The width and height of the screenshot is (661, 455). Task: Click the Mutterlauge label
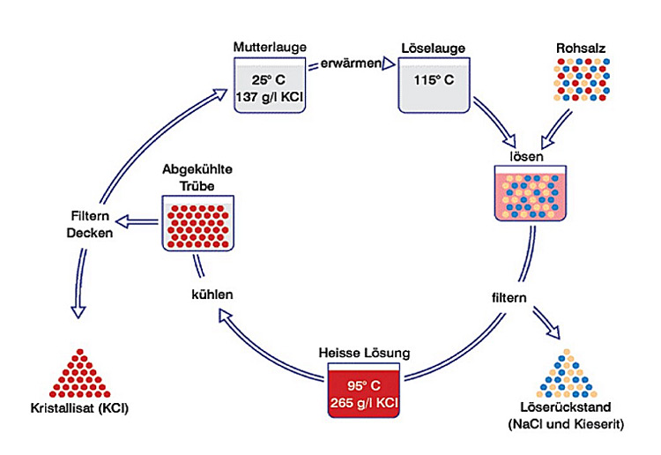pyautogui.click(x=270, y=47)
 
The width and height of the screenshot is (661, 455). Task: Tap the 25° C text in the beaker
pyautogui.click(x=269, y=79)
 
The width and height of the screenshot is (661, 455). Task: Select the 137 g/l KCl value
pyautogui.click(x=270, y=97)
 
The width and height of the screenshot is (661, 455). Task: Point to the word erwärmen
pyautogui.click(x=351, y=63)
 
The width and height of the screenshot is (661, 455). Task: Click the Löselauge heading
pyautogui.click(x=433, y=48)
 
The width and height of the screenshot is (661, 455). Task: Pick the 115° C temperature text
pyautogui.click(x=434, y=79)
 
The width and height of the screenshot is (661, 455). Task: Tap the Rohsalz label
pyautogui.click(x=581, y=48)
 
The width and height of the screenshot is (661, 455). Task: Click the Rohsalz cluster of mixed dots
pyautogui.click(x=582, y=79)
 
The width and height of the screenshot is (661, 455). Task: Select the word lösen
pyautogui.click(x=526, y=156)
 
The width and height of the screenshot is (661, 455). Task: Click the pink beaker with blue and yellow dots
pyautogui.click(x=531, y=193)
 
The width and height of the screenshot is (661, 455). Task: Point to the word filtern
pyautogui.click(x=509, y=298)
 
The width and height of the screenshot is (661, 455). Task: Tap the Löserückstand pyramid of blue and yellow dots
pyautogui.click(x=568, y=374)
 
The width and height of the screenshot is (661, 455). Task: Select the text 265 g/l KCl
pyautogui.click(x=364, y=403)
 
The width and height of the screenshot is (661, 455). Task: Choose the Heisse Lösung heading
pyautogui.click(x=364, y=353)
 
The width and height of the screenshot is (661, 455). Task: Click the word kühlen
pyautogui.click(x=212, y=294)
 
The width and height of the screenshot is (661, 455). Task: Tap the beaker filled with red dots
pyautogui.click(x=197, y=223)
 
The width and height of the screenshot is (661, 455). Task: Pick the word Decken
pyautogui.click(x=90, y=233)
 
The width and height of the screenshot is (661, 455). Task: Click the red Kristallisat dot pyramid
pyautogui.click(x=79, y=374)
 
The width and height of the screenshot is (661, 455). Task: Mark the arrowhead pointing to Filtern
pyautogui.click(x=123, y=222)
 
